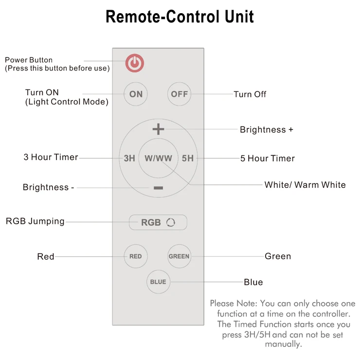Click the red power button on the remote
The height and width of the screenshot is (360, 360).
[x=135, y=63]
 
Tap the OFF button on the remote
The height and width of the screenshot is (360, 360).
[x=179, y=94]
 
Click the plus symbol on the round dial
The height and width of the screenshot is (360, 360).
[x=158, y=129]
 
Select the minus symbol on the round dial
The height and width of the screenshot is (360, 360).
[x=158, y=187]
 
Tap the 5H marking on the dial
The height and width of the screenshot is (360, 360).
[x=187, y=158]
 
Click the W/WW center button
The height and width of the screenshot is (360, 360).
[x=158, y=158]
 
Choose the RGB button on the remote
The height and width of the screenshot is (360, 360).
[x=158, y=222]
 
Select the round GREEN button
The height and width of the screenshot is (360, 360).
[x=179, y=256]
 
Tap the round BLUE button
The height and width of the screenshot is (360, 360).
[x=158, y=282]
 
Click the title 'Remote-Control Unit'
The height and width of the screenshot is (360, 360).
[x=180, y=17]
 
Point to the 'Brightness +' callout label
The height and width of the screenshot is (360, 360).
[x=266, y=130]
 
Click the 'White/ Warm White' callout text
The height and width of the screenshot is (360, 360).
[x=305, y=185]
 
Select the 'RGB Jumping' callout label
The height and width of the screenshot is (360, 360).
[x=35, y=221]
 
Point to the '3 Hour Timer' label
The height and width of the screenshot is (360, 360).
[x=51, y=158]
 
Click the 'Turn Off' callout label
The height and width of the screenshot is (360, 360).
[x=250, y=94]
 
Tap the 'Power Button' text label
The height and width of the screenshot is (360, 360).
[x=29, y=60]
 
